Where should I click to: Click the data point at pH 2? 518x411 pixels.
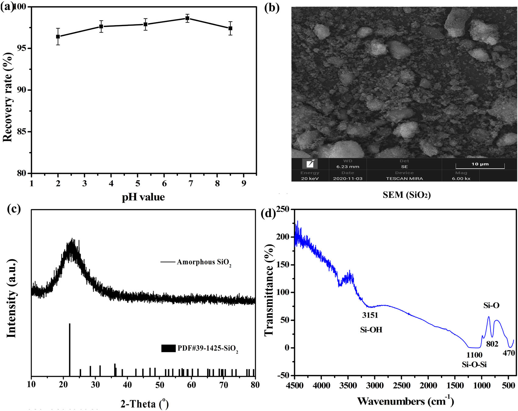pos(58,37)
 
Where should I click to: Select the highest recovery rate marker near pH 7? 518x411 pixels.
pos(187,18)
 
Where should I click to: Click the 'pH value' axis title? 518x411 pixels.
pos(143,197)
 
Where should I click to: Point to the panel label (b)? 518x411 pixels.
pos(272,7)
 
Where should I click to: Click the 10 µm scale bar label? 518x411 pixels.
pos(480,164)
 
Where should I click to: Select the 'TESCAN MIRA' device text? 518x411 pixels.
pos(404,178)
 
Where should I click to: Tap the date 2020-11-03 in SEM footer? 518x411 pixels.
pos(348,178)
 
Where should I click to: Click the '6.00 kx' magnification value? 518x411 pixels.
pos(461,178)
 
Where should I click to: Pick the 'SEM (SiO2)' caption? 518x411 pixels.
pos(406,195)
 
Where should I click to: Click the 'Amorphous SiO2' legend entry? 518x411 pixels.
pos(204,262)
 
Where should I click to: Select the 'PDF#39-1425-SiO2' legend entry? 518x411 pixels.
pos(208,348)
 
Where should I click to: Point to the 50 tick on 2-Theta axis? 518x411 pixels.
pos(160,385)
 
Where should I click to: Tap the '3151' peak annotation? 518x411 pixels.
pos(370,315)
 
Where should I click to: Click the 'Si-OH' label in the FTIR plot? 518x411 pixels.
pos(371,330)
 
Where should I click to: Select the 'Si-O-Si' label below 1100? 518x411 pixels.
pos(474,364)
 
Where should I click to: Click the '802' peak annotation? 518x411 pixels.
pos(492,344)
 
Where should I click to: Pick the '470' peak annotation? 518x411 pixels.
pos(509,353)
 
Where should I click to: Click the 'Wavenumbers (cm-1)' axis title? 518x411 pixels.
pos(406,401)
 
